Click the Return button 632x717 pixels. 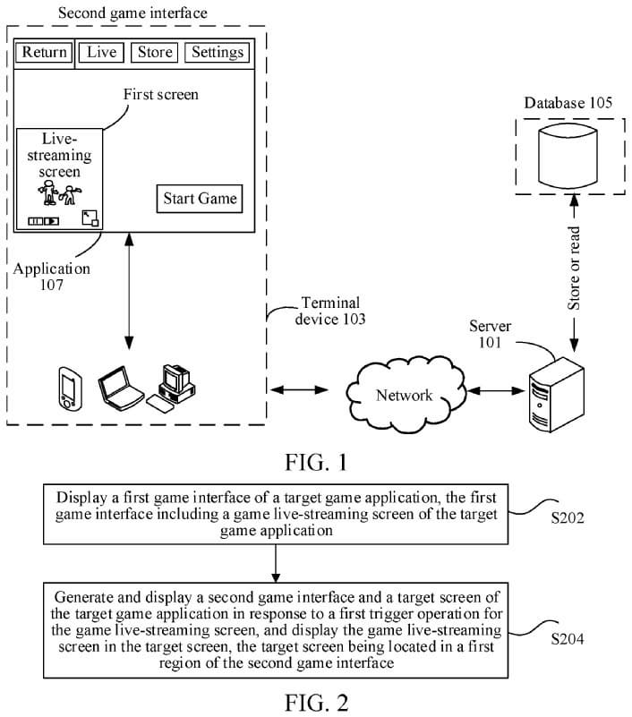[44, 52]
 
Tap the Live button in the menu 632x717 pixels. [101, 52]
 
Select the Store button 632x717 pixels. [155, 52]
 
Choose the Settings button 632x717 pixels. [218, 52]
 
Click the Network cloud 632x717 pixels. [403, 393]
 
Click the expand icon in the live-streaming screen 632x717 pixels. [90, 218]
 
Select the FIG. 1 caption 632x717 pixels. [315, 462]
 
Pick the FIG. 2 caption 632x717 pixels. [315, 700]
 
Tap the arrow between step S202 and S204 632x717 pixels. [278, 563]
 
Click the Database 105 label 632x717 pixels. [568, 102]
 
